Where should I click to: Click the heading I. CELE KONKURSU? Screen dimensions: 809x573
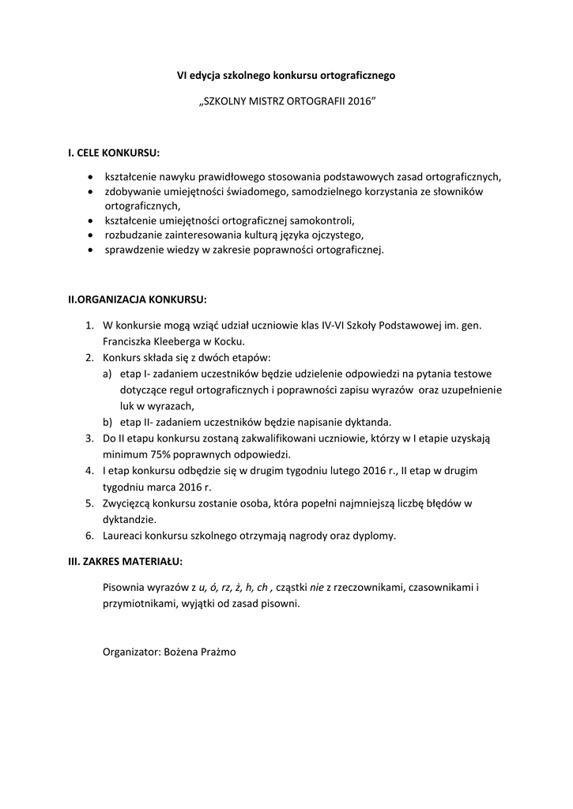click(114, 152)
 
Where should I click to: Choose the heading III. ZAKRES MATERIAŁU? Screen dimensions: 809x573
click(125, 562)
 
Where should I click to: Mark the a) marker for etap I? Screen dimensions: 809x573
click(107, 374)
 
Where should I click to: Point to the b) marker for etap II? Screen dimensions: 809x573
click(107, 422)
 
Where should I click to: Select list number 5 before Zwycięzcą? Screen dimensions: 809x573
click(89, 502)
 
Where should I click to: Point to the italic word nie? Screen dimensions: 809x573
click(317, 589)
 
